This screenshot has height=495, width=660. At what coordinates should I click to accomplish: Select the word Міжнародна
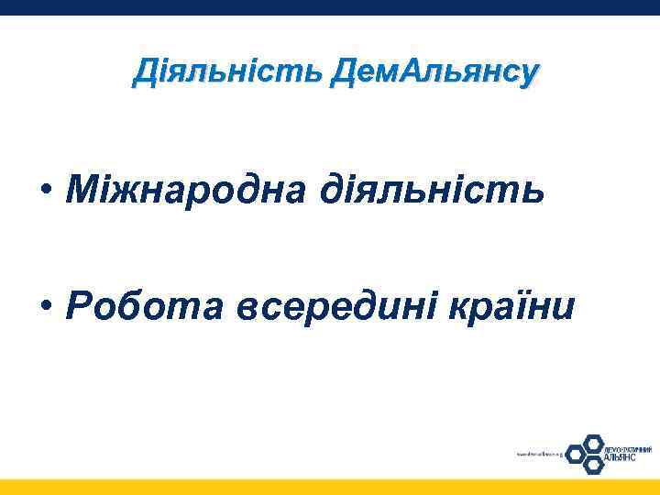(186, 190)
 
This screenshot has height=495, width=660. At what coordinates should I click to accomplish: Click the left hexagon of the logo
(575, 453)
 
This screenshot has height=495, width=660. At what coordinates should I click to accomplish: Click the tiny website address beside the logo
(538, 453)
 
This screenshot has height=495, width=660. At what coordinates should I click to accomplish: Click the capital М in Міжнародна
(81, 190)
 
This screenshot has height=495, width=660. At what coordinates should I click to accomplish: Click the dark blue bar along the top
(330, 7)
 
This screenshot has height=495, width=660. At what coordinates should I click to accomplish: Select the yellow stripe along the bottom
(330, 487)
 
